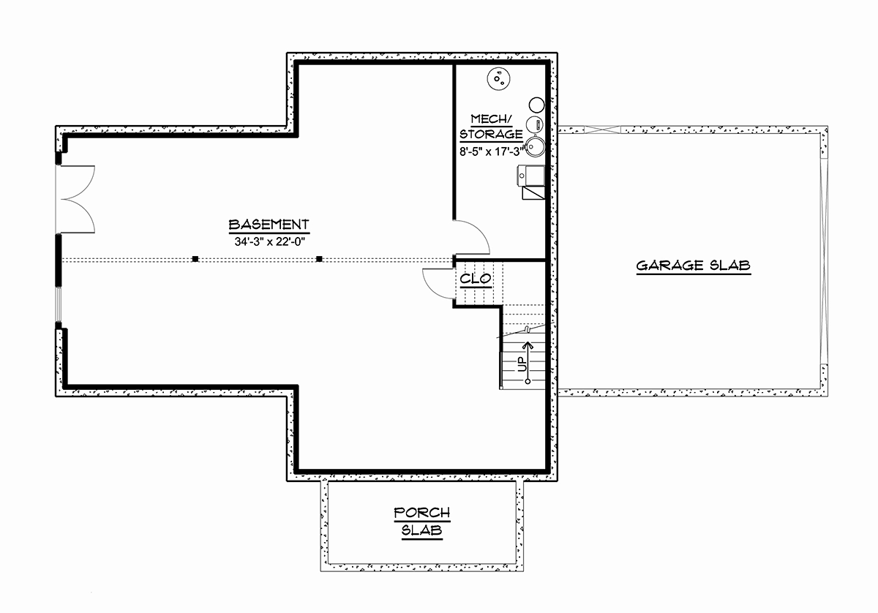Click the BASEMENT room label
pos(269,225)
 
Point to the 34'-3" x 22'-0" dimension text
pos(270,242)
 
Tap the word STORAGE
pos(491,135)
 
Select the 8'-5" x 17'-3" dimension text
pos(492,151)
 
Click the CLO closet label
pos(476,279)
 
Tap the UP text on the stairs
pos(522,364)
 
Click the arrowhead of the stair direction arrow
pos(528,345)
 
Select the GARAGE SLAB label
pos(694,266)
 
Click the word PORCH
pos(421,513)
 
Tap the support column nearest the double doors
pos(195,259)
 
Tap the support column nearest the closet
pos(319,259)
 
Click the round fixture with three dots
pos(498,79)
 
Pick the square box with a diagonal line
pos(533,193)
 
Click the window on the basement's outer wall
pos(59,304)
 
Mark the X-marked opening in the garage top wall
pos(602,129)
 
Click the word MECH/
pos(491,119)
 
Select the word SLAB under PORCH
pos(421,530)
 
